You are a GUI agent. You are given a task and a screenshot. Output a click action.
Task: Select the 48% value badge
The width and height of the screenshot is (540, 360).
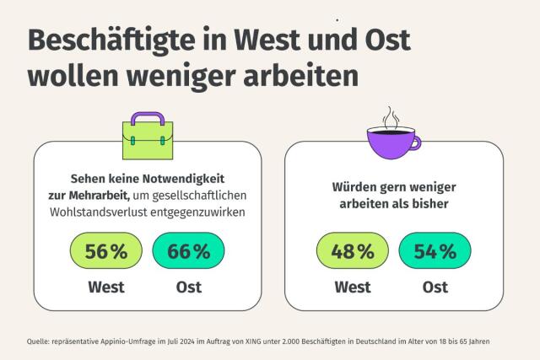(x=352, y=251)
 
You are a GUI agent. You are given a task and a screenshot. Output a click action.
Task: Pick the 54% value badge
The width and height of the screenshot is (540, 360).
(x=435, y=251)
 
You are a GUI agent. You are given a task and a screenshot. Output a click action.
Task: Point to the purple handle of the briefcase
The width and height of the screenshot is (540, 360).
(x=147, y=117)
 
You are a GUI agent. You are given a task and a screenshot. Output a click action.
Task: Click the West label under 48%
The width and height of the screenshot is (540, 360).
(x=352, y=287)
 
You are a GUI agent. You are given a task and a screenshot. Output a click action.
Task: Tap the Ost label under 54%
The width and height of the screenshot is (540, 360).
(x=435, y=287)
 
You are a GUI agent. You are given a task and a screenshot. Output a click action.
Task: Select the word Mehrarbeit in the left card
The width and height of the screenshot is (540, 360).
(x=121, y=195)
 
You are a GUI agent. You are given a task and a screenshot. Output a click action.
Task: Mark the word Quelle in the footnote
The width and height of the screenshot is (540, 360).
(x=40, y=341)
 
